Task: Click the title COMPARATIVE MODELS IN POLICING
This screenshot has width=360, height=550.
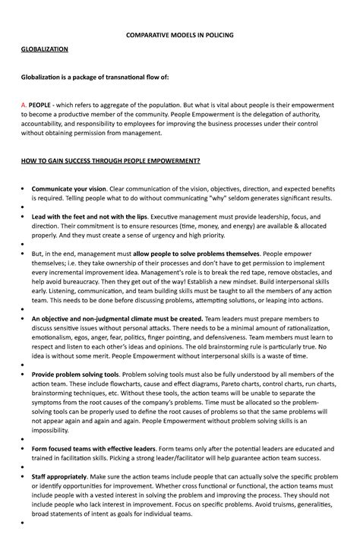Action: coord(180,35)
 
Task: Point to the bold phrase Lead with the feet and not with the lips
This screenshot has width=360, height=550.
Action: coord(90,217)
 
